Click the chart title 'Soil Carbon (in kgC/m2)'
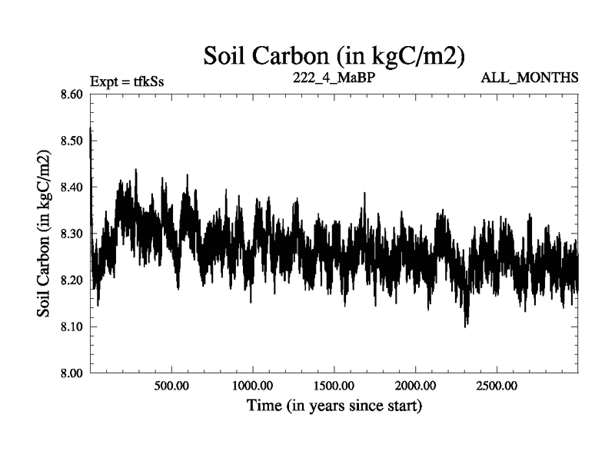coord(334,55)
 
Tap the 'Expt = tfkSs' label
coord(127,81)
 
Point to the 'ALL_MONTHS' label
coord(530,78)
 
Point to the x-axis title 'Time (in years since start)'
coord(334,405)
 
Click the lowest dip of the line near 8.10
coord(465,327)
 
